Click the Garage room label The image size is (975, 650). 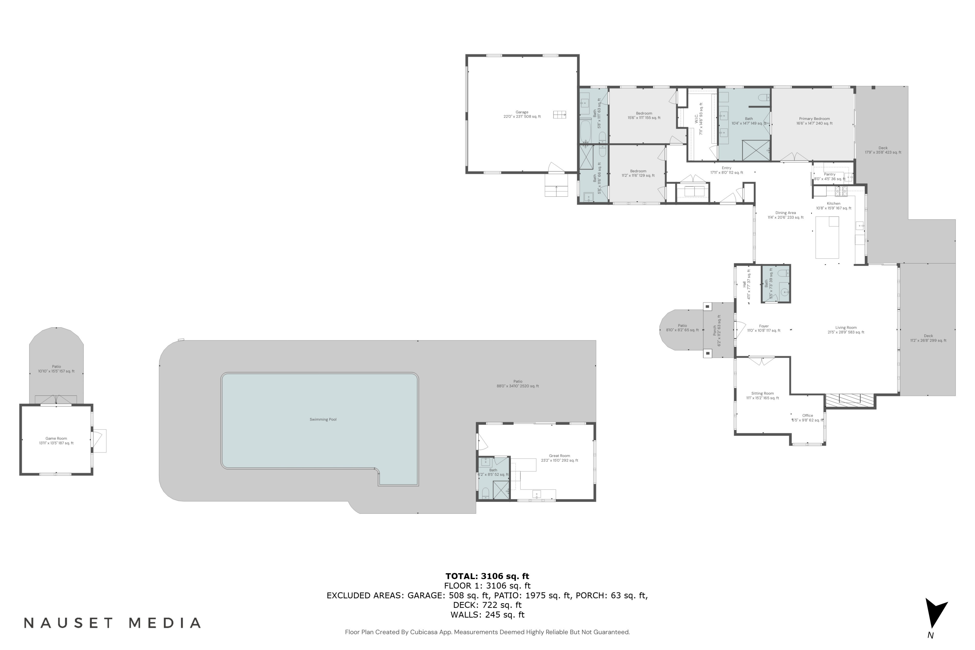(522, 114)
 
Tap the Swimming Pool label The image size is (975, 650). (323, 420)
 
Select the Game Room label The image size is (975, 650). (56, 441)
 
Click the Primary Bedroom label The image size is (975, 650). (814, 121)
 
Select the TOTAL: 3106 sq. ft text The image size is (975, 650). (487, 576)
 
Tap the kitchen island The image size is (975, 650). (827, 237)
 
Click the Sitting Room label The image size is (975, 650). (762, 396)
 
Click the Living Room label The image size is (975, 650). (846, 330)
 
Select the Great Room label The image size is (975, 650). (559, 458)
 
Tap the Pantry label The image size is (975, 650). (829, 176)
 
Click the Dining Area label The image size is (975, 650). (785, 215)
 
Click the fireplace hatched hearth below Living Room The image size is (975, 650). (850, 400)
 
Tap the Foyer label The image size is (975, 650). (763, 328)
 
